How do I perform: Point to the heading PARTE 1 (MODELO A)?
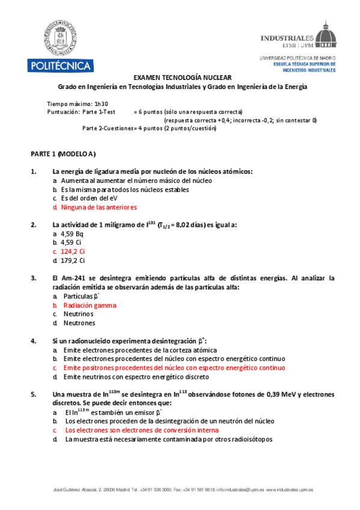63,154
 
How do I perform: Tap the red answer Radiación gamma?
90,305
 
